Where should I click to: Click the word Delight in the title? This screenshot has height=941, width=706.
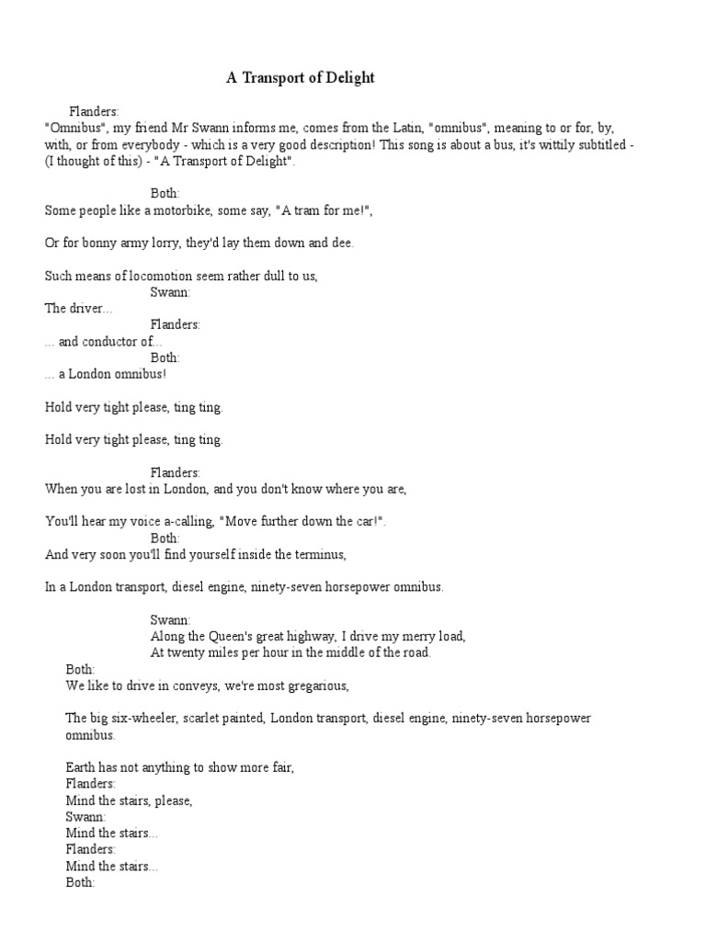[347, 78]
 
